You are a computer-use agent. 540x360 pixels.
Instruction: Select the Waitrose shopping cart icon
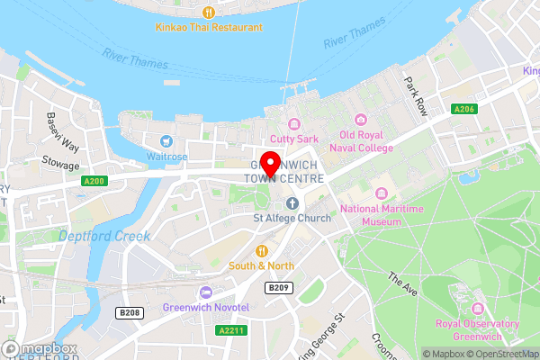pyautogui.click(x=166, y=140)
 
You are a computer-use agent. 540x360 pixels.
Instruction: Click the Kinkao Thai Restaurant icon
pyautogui.click(x=208, y=13)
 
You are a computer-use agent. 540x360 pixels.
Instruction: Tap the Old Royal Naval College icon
pyautogui.click(x=361, y=120)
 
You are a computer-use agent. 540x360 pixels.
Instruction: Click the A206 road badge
pyautogui.click(x=464, y=110)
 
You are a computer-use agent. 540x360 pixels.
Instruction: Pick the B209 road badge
pyautogui.click(x=278, y=287)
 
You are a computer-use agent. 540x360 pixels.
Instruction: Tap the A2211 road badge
pyautogui.click(x=231, y=330)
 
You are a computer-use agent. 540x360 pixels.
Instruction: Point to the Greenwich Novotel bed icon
pyautogui.click(x=206, y=292)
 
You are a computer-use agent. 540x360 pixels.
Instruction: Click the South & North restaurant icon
pyautogui.click(x=261, y=250)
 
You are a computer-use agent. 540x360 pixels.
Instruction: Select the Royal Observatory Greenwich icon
pyautogui.click(x=477, y=307)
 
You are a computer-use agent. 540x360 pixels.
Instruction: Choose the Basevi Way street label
pyautogui.click(x=62, y=131)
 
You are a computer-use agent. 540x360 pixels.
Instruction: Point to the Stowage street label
pyautogui.click(x=61, y=165)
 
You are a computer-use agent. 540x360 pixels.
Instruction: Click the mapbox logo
pyautogui.click(x=40, y=348)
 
